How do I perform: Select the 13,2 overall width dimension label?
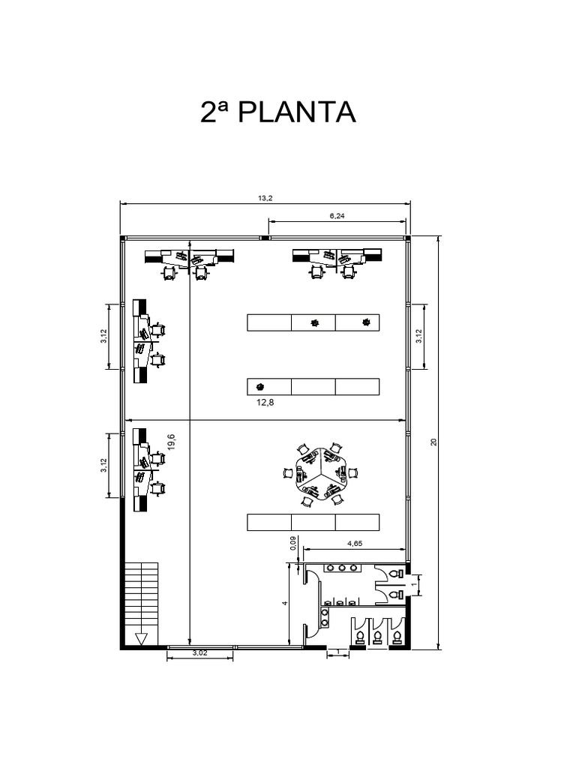click(x=264, y=198)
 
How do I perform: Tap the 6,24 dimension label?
click(x=337, y=216)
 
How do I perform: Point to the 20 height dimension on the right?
click(x=434, y=442)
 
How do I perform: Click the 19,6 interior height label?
click(x=171, y=442)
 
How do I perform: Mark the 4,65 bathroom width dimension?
click(x=355, y=545)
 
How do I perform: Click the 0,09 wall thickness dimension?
click(x=292, y=541)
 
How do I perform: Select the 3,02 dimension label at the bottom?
click(x=199, y=654)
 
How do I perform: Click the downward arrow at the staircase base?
click(x=140, y=638)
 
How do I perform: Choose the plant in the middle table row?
click(x=260, y=387)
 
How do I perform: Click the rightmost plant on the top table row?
click(x=366, y=322)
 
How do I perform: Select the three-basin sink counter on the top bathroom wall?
click(x=342, y=568)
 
